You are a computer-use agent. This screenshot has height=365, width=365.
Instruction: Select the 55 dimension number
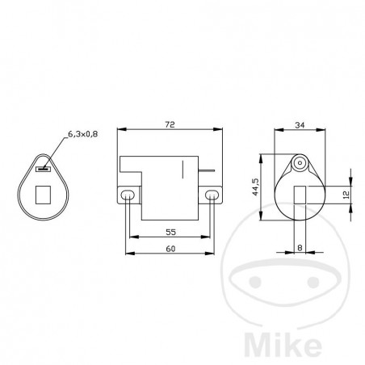click(x=170, y=232)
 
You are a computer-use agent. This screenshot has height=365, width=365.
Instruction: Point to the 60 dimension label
click(x=170, y=249)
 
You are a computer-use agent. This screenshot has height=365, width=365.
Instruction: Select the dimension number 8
click(x=300, y=249)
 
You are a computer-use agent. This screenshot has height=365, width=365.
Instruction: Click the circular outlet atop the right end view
click(x=300, y=162)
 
